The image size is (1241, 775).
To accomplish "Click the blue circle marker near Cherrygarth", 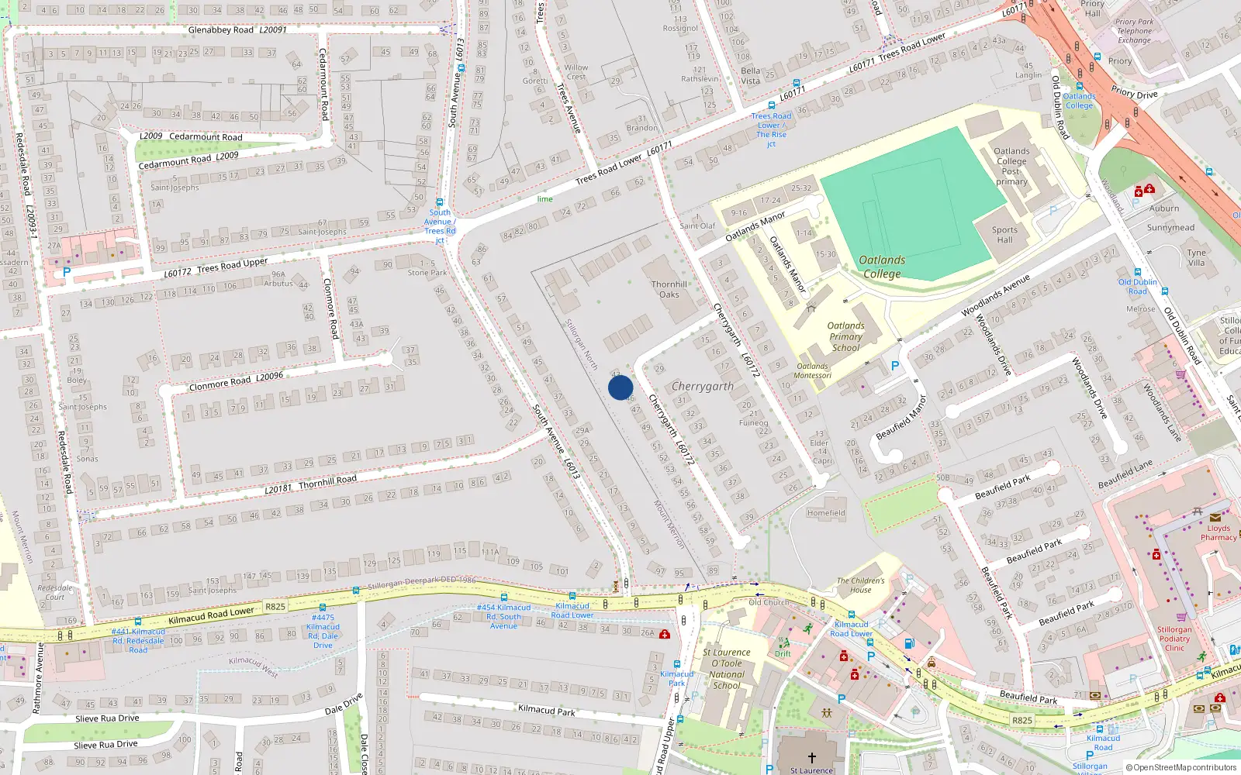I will [x=620, y=387].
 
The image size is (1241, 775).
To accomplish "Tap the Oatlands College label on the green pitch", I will [x=882, y=267].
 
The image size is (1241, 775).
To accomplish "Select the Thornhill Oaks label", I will [x=669, y=289].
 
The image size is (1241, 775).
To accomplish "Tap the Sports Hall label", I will [x=1004, y=235].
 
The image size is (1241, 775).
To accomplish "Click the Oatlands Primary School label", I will [x=845, y=336].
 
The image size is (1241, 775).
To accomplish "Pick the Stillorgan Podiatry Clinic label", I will [x=1174, y=639].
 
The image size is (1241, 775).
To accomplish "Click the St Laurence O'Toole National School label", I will [x=727, y=669].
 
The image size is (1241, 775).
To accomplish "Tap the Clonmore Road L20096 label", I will [x=236, y=381].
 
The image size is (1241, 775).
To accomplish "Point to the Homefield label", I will [x=826, y=513].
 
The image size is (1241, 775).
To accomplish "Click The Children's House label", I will [x=860, y=585].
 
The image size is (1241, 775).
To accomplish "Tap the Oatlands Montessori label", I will [x=813, y=371].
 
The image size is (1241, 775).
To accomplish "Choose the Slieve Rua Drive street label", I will [x=107, y=718].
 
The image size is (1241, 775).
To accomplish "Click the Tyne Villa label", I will [x=1196, y=257].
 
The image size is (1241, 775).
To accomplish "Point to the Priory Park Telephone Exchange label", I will [x=1134, y=31].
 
